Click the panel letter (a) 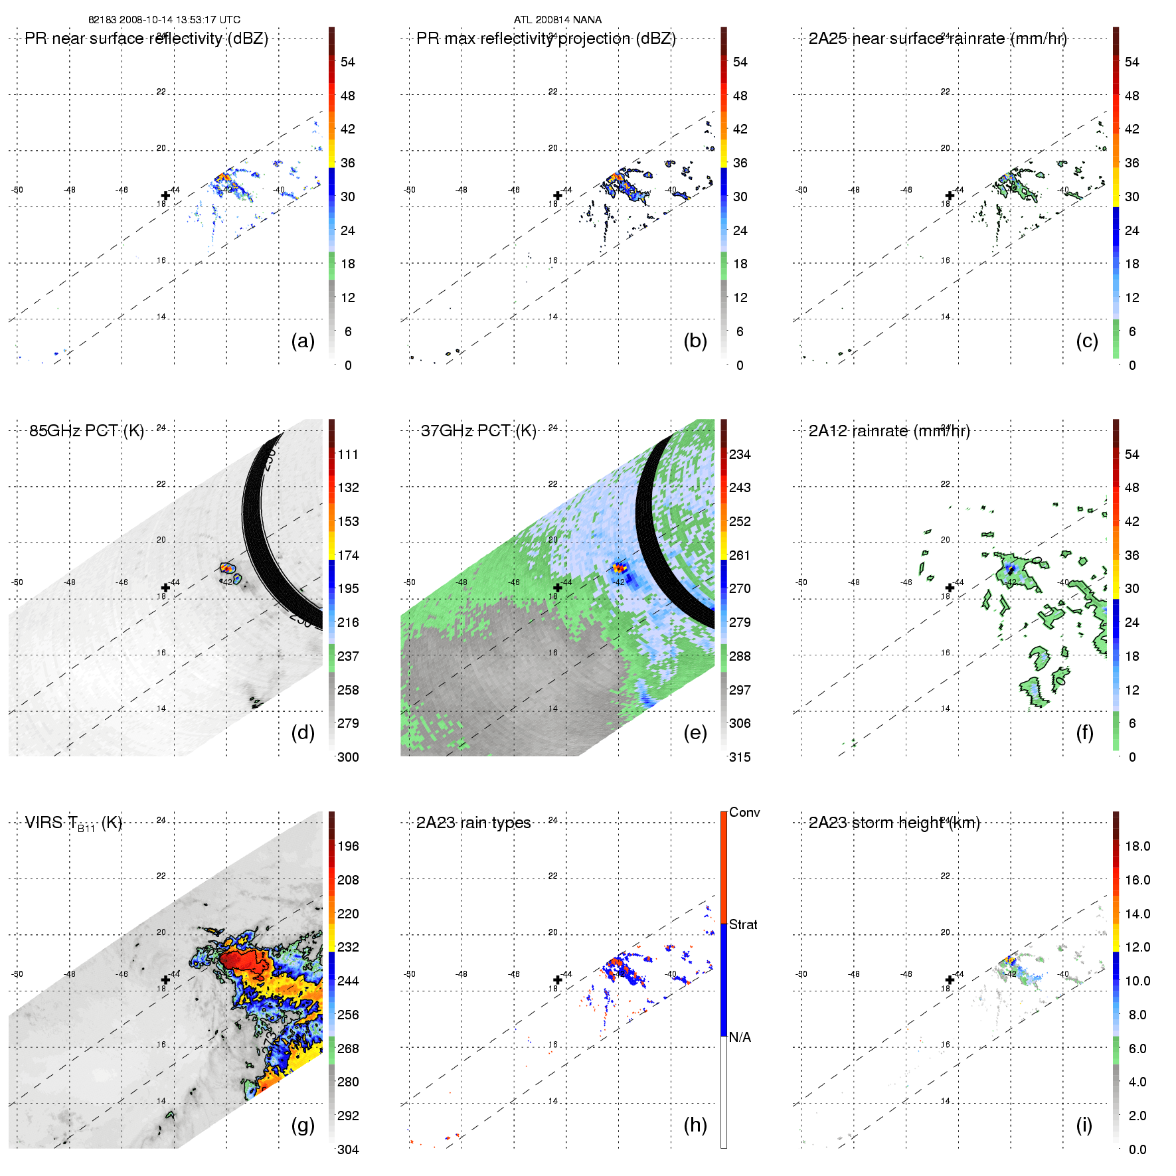click(303, 341)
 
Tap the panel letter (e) click(695, 733)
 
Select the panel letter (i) click(1084, 1125)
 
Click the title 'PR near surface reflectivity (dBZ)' click(146, 39)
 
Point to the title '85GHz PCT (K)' click(86, 431)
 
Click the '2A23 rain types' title click(473, 823)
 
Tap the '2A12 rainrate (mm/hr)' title click(889, 431)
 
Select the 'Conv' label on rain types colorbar click(744, 812)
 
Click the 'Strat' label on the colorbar click(743, 924)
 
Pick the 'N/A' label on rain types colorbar click(740, 1037)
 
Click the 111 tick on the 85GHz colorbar click(348, 454)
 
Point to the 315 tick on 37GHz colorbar click(740, 757)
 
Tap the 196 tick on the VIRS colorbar click(348, 846)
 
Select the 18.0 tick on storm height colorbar click(1137, 846)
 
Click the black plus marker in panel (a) click(165, 195)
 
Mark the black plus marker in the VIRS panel click(165, 979)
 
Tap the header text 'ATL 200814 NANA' click(558, 20)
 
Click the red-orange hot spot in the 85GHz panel click(227, 568)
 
